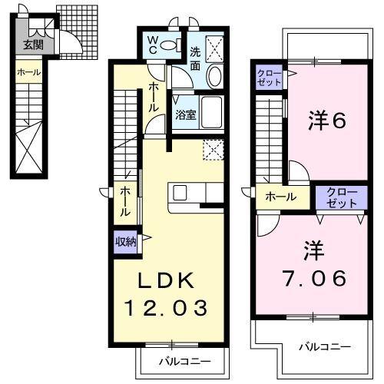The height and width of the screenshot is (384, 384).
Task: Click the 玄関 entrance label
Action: coord(33,45)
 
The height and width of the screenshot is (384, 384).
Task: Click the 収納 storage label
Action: coord(126,241)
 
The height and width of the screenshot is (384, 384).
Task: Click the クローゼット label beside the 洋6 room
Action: coord(270,77)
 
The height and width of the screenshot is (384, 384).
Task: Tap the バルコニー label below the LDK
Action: coord(181,359)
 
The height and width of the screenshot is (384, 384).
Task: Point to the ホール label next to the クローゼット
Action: coord(281,197)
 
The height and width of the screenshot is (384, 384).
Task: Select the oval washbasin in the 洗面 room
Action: coord(214,77)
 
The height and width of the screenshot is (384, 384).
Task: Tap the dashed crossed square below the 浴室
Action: coord(213,148)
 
